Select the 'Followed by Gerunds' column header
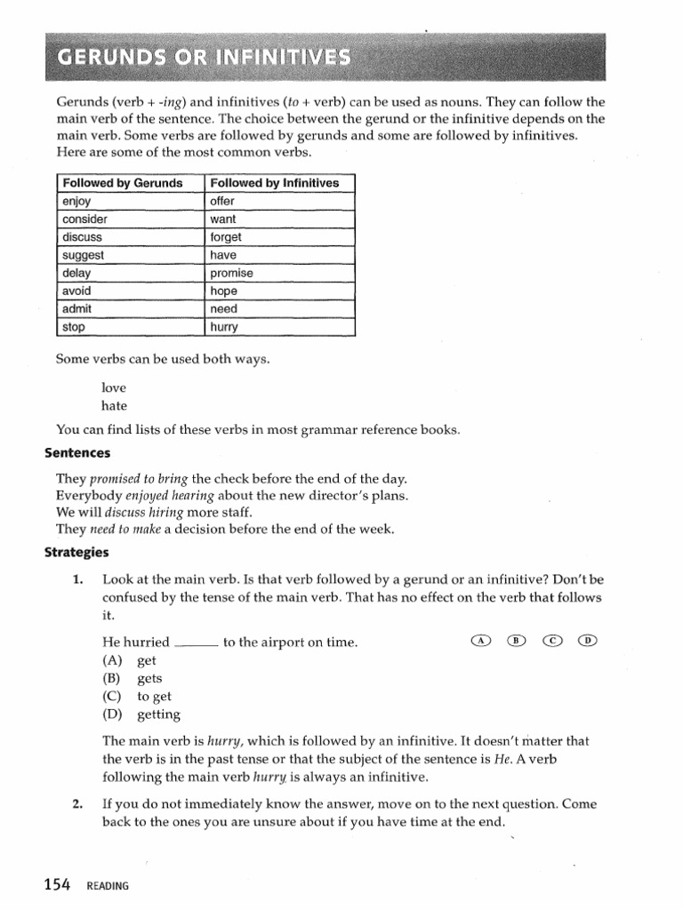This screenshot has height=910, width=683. tap(122, 183)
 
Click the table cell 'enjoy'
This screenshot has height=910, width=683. tap(77, 202)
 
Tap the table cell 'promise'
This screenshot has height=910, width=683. tap(231, 274)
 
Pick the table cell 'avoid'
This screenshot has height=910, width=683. tap(77, 291)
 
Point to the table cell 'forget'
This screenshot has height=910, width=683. tap(226, 237)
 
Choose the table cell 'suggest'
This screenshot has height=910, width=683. tap(84, 255)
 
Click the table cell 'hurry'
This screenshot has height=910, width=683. tap(224, 327)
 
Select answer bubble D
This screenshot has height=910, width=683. tap(587, 640)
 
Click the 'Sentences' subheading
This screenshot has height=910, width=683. tap(77, 453)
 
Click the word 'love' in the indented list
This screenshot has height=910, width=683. tap(115, 388)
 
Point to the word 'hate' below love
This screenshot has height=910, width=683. tap(115, 406)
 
